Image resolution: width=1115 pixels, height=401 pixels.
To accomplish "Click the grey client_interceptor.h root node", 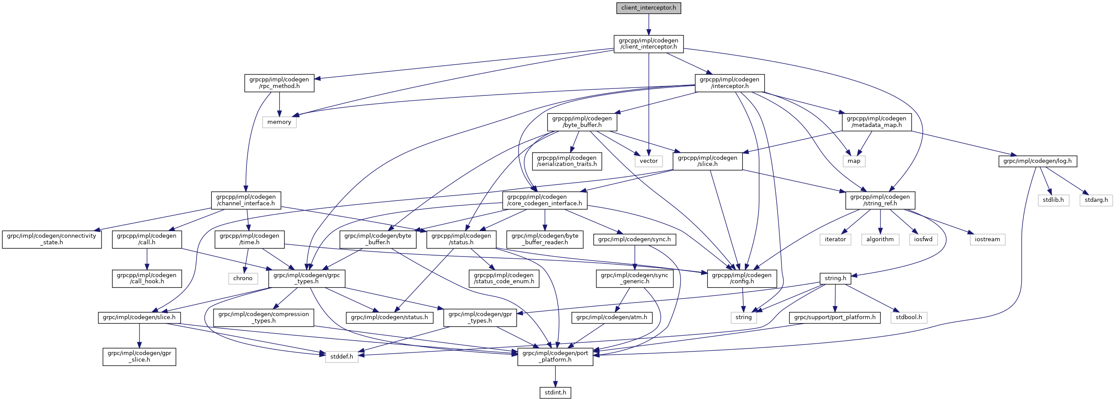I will (649, 8).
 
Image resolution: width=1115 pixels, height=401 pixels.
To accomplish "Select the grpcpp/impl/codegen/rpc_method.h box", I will (279, 83).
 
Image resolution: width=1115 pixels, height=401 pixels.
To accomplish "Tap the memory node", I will (279, 122).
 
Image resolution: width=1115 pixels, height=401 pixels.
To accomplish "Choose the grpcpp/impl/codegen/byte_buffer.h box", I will (582, 122).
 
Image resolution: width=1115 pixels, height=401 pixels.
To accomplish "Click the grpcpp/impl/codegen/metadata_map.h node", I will (877, 122).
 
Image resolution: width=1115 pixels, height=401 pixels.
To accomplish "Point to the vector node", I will (649, 161).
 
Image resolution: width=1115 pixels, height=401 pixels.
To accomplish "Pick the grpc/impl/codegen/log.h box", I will (1038, 161).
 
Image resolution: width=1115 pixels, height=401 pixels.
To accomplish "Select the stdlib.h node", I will (1053, 200).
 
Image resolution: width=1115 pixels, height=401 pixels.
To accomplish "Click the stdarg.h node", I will (1096, 200).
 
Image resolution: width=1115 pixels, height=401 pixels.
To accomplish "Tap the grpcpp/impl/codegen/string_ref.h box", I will (880, 200).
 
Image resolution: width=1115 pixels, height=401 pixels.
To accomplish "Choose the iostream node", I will (987, 239).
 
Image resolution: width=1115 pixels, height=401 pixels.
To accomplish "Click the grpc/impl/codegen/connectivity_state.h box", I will (52, 239).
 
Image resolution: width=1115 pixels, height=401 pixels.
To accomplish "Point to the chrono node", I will (243, 278).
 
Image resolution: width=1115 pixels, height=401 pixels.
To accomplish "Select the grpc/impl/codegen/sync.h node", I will (635, 239).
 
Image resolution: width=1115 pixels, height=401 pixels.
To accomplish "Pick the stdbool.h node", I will (908, 317).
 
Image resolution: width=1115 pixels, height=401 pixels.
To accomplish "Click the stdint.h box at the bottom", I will (555, 393).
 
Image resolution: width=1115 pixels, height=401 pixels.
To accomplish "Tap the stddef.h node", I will (342, 357).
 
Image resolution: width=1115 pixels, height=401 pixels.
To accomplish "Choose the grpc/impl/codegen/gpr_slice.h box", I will (140, 357).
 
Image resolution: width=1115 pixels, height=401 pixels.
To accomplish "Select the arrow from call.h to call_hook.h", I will (147, 259).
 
